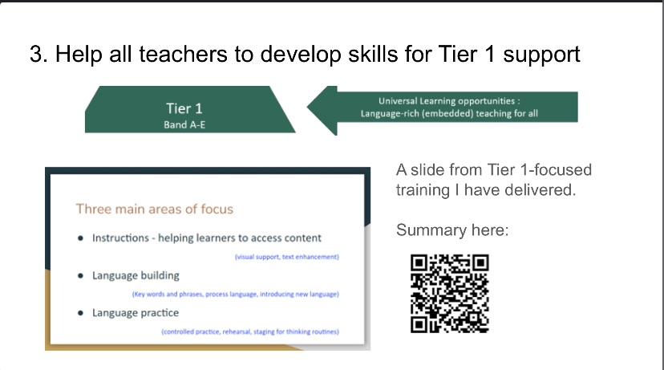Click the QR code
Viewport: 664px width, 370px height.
(450, 293)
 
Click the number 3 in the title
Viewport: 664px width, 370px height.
(35, 55)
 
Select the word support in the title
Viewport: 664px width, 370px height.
(541, 55)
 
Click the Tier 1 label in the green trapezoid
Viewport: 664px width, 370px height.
(184, 108)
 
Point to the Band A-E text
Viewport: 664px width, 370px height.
(184, 124)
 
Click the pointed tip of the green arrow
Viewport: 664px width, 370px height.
(308, 108)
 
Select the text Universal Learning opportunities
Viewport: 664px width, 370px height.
(447, 101)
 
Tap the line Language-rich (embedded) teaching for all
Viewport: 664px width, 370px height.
(449, 114)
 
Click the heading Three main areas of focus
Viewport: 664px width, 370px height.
(155, 209)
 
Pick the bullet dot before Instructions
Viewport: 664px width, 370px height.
(80, 238)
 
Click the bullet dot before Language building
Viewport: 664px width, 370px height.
(80, 275)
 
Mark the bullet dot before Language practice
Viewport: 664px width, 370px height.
(80, 313)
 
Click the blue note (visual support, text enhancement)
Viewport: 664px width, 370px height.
(287, 257)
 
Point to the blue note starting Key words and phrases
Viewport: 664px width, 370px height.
(236, 294)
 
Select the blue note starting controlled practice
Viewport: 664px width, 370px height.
(250, 331)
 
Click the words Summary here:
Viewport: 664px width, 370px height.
(452, 230)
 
